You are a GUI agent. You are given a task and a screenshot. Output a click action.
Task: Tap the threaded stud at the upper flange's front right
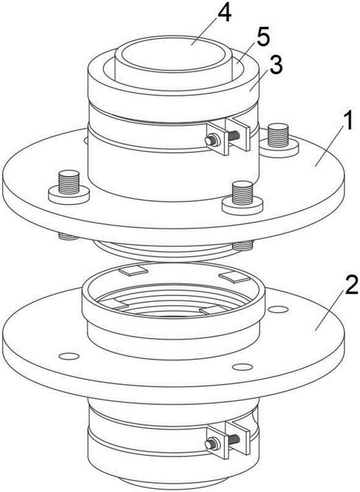(x=242, y=192)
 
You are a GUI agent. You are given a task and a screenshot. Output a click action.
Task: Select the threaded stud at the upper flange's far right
(x=279, y=134)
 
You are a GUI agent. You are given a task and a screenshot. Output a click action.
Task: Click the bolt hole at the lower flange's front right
(x=241, y=367)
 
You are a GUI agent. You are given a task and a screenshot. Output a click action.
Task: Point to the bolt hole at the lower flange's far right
(x=279, y=309)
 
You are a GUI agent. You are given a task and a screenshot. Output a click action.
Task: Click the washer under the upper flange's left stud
(x=68, y=194)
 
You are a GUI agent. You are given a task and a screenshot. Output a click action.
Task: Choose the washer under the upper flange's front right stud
(x=242, y=206)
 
